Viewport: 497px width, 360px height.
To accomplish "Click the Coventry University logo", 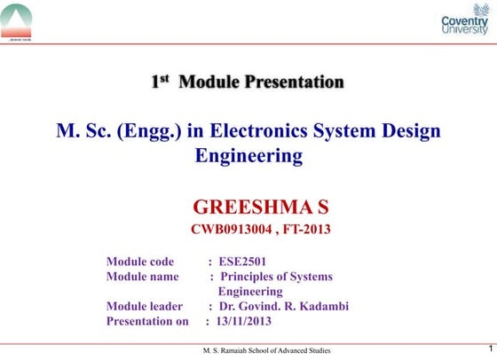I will coord(464,20).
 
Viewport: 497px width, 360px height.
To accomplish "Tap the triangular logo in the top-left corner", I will coord(17,20).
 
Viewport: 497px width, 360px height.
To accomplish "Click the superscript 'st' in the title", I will coord(163,79).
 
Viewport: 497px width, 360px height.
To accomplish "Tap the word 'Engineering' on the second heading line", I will coord(248,156).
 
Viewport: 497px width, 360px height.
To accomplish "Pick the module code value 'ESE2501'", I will coord(242,262).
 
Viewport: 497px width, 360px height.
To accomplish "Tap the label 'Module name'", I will coord(142,277).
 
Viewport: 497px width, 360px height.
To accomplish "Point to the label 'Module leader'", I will coord(145,306).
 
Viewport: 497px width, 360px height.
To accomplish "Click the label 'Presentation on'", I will coord(147,321).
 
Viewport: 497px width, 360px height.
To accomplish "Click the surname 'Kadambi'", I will coord(323,306).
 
